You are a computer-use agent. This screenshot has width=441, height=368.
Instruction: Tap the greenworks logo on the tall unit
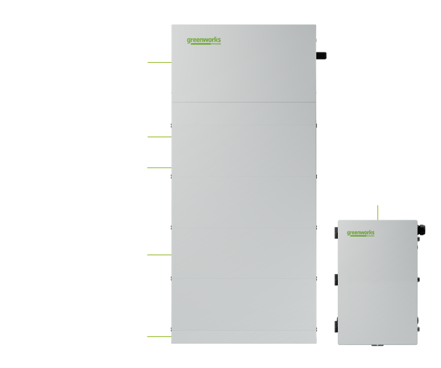(204, 41)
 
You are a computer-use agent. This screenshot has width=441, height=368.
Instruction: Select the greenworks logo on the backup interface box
(361, 233)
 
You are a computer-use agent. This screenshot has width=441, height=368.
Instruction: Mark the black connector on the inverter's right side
(321, 55)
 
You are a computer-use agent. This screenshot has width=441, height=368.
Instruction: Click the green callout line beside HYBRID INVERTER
(160, 62)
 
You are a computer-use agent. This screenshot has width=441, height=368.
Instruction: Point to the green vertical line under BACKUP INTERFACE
(378, 212)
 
